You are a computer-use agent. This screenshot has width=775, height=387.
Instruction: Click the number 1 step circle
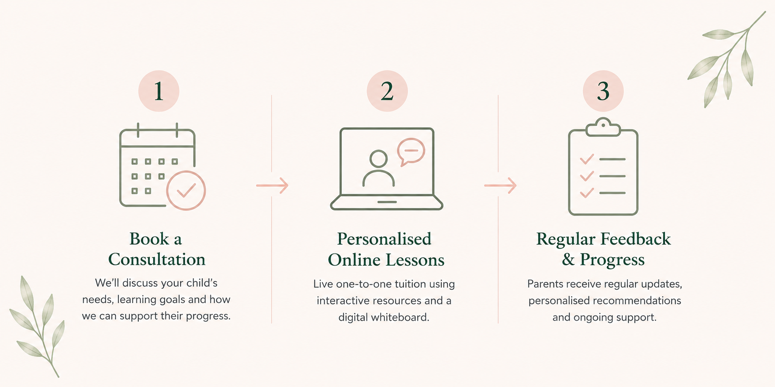point(159,91)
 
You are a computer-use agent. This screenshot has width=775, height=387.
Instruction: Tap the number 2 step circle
point(387,91)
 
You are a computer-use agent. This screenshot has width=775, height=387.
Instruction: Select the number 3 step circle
point(603,91)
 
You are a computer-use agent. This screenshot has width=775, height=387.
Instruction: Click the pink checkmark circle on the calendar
point(186,191)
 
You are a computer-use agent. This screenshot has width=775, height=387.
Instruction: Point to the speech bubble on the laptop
point(411,151)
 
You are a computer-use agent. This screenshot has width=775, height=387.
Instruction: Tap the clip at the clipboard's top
point(603,127)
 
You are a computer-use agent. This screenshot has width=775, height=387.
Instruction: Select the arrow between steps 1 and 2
point(272,185)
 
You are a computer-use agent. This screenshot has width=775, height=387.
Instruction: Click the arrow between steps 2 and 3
point(500,185)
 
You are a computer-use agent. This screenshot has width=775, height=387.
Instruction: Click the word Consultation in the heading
point(157,259)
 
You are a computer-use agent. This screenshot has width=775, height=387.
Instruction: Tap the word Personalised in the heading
point(384,239)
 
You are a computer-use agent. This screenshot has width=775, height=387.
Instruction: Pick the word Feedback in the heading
point(636,239)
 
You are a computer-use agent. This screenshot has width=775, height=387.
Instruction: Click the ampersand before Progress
point(568,260)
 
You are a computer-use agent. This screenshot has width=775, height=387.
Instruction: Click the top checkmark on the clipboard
point(587,159)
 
